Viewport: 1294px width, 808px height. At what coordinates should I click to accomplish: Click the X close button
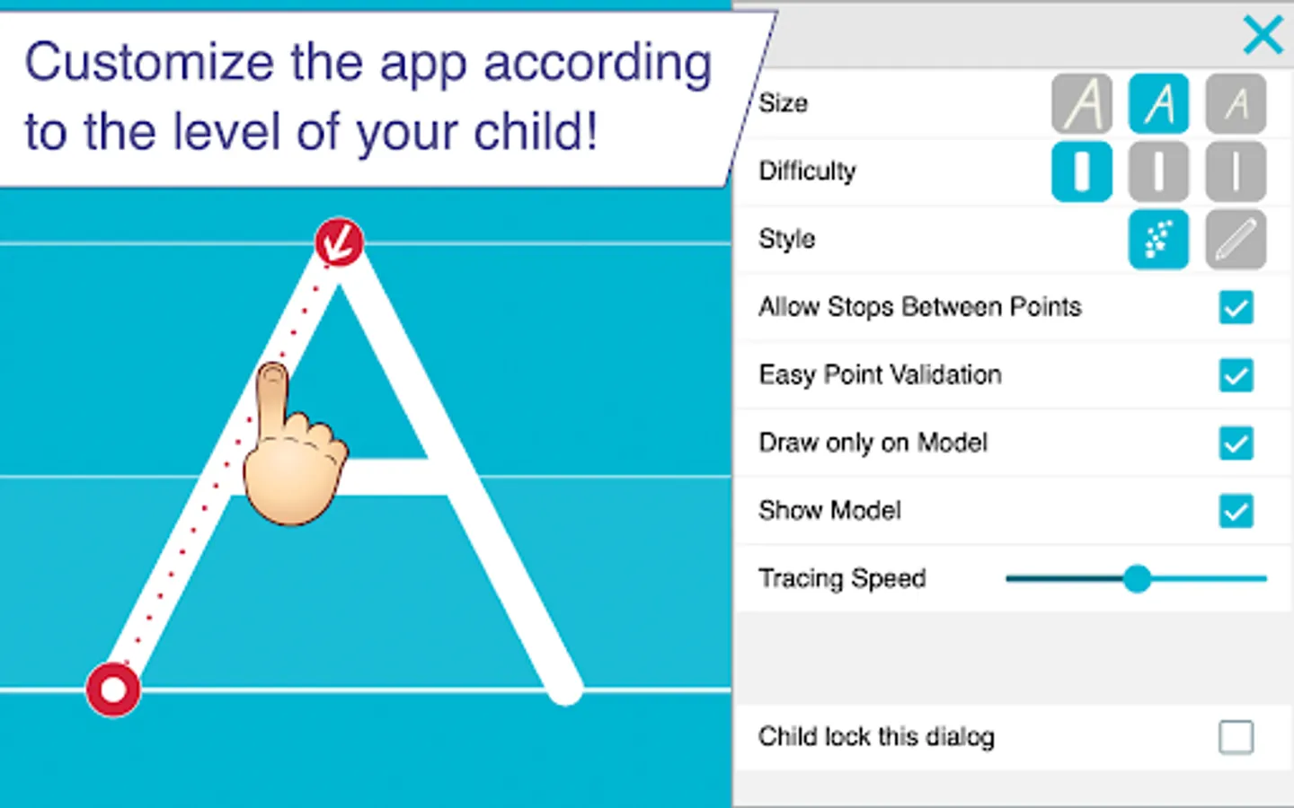1263,36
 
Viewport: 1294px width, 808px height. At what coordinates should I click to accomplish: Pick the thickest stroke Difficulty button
1082,171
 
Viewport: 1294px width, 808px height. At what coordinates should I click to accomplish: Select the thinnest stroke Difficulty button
1236,171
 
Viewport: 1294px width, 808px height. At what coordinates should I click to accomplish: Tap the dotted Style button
1159,239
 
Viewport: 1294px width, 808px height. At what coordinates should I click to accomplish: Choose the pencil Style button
1236,239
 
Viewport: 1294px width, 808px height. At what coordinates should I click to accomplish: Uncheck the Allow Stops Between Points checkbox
1236,308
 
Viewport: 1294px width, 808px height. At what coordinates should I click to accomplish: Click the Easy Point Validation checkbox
1236,375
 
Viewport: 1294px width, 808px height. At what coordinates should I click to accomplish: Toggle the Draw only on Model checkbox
1236,443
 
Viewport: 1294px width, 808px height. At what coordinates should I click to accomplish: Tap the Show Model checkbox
1236,511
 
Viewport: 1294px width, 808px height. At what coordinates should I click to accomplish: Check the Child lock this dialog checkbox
1236,737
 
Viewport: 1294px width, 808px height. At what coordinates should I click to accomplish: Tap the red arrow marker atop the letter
339,242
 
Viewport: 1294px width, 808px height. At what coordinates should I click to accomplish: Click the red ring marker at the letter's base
113,689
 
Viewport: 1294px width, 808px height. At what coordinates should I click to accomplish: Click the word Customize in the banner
149,63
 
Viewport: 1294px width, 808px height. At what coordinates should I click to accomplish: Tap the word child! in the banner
536,132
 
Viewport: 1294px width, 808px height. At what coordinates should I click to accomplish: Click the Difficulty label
807,171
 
